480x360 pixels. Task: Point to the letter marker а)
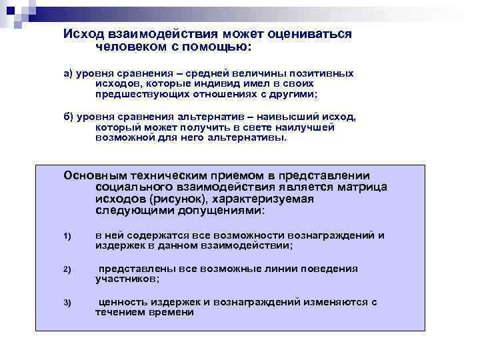(x=69, y=73)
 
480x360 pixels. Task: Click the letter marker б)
(x=69, y=117)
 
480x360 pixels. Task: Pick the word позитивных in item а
(x=325, y=73)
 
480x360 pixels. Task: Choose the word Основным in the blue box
(x=91, y=175)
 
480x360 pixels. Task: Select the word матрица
(x=359, y=187)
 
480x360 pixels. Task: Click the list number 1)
(x=67, y=237)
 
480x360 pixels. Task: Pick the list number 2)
(x=67, y=270)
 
